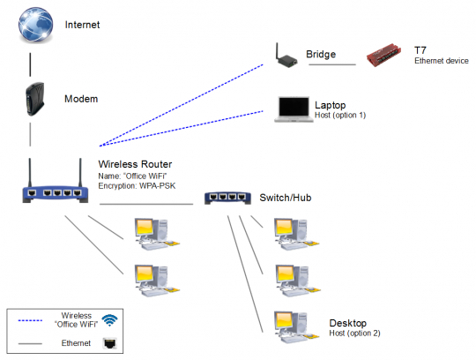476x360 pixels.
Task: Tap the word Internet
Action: [82, 25]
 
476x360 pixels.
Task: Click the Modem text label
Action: [80, 100]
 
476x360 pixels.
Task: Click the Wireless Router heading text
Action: [134, 164]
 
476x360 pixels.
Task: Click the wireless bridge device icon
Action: [284, 56]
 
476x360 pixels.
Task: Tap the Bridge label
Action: [321, 55]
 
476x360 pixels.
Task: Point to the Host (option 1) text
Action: [339, 116]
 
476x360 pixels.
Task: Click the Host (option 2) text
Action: [354, 333]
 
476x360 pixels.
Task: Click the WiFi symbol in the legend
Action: [109, 320]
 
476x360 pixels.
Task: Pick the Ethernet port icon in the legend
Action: [109, 341]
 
